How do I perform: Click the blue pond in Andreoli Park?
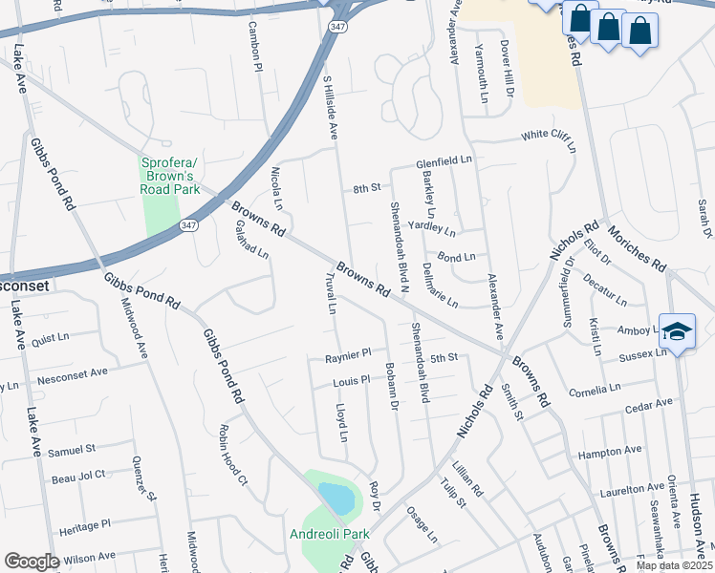point(335,498)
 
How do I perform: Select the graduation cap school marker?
point(677,331)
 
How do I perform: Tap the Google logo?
point(32,562)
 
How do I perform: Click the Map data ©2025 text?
point(675,565)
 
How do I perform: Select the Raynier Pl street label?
point(348,353)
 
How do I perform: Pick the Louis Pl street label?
point(351,380)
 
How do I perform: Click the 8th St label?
point(366,188)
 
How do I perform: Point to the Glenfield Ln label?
point(444,162)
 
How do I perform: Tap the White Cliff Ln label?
point(549,140)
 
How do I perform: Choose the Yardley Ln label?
point(432,228)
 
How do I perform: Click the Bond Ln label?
point(456,257)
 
